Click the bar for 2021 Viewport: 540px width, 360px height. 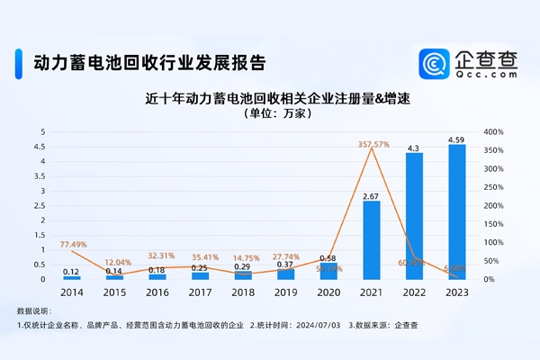371,239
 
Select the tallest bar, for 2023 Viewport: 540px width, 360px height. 457,211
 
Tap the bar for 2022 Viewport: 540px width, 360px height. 414,216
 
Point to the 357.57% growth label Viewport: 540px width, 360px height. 373,144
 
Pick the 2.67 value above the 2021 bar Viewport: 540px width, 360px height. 371,195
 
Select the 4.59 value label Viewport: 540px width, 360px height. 457,139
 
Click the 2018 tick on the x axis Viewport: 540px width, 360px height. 243,292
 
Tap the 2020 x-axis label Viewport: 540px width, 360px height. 328,292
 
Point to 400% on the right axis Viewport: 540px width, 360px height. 492,132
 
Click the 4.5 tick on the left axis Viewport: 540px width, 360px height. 41,147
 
